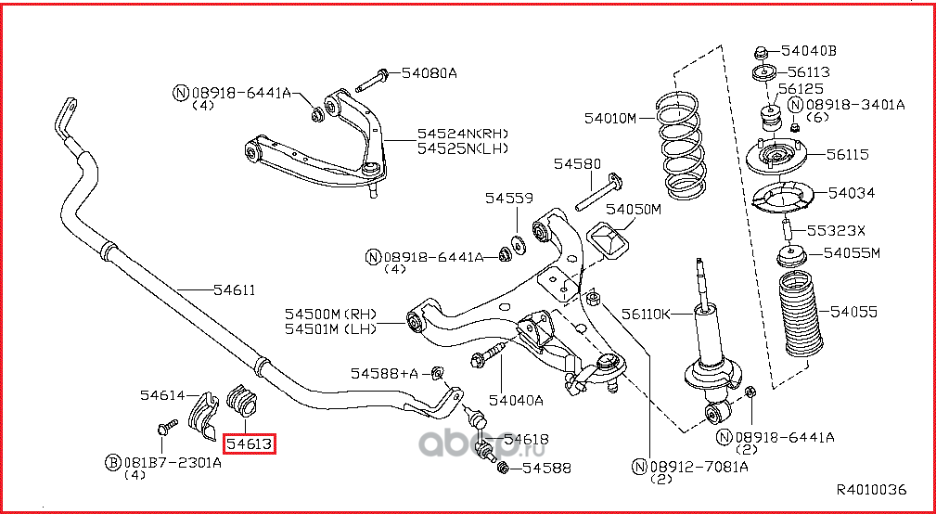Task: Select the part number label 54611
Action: [x=234, y=290]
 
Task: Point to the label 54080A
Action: [x=430, y=72]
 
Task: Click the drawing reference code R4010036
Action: [x=870, y=490]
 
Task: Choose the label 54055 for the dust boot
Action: [x=853, y=312]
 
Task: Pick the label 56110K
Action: [x=646, y=314]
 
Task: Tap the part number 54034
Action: [x=851, y=193]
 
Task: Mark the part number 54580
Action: [x=578, y=164]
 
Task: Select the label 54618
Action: [x=525, y=439]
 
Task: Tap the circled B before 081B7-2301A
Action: [x=112, y=462]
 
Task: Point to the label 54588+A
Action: [x=384, y=373]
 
